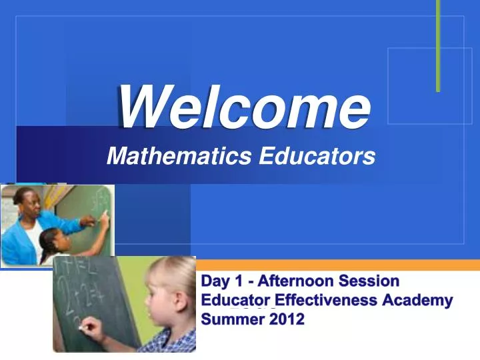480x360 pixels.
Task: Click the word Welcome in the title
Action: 243,109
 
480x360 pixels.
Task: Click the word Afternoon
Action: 295,281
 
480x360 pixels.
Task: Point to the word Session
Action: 369,281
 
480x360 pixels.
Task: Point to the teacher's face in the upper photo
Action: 26,200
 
